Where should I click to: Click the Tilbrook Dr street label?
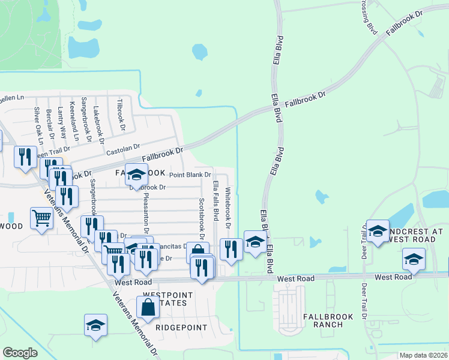121,115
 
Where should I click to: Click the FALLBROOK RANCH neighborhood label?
323,320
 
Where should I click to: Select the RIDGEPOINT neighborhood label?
181,328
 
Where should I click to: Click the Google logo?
20,353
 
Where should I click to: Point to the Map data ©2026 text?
423,355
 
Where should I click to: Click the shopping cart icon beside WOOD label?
41,218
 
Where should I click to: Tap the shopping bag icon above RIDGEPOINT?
148,307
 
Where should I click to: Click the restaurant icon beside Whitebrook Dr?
231,248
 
